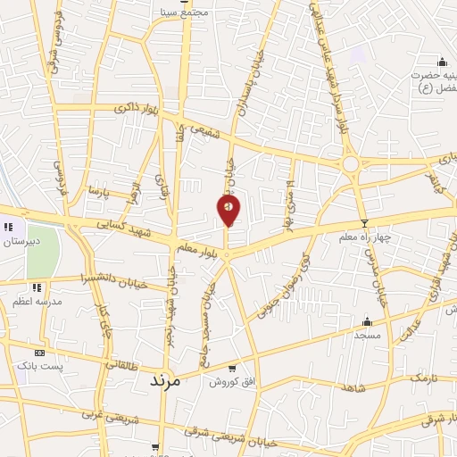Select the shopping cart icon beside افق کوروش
point(232,368)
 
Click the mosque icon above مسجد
point(367,321)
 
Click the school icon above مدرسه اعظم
point(37,287)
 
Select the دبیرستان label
point(20,241)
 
